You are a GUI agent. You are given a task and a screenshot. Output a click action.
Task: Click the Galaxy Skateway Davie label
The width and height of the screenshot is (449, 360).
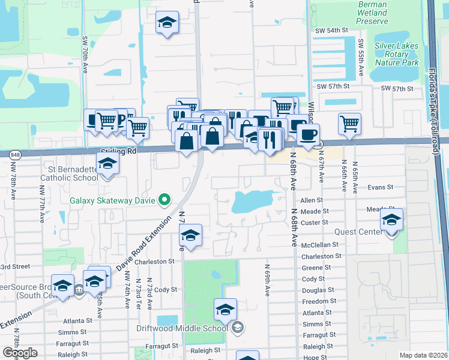click(x=112, y=200)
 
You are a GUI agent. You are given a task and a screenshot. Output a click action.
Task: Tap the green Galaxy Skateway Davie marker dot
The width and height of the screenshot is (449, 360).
click(x=163, y=200)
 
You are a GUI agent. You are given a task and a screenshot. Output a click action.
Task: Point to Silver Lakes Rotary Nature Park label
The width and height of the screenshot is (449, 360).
click(x=396, y=53)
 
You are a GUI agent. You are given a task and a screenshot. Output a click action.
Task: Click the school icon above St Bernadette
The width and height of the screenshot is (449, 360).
click(x=108, y=163)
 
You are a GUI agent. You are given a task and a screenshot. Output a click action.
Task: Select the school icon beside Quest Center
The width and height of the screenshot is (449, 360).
click(x=391, y=220)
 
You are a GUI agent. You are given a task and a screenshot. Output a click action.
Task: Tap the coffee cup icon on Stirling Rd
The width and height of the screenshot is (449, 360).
click(x=308, y=135)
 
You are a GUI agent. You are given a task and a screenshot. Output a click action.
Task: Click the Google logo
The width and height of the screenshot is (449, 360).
click(x=20, y=353)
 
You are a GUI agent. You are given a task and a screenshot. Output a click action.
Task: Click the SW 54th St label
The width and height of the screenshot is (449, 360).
click(x=334, y=30)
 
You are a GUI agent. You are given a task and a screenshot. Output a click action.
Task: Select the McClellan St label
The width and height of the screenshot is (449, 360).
click(x=320, y=245)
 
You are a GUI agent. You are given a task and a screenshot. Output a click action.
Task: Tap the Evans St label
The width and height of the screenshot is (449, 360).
click(x=380, y=187)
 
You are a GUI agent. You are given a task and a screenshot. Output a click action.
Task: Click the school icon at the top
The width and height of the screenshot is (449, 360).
click(x=167, y=23)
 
